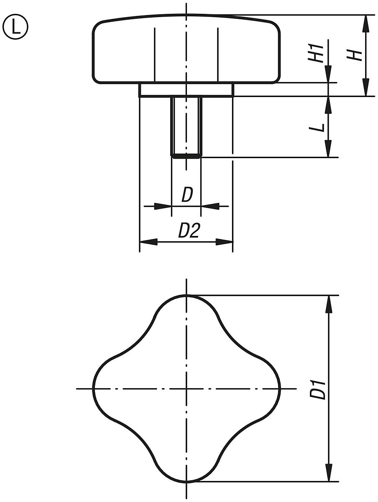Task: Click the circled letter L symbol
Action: pos(15,27)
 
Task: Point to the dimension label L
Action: pos(319,127)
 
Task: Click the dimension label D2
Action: pos(189,231)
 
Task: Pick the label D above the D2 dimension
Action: pos(187,195)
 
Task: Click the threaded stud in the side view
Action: pos(186,126)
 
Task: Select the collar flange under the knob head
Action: pos(186,90)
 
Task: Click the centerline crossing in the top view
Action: pos(186,389)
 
